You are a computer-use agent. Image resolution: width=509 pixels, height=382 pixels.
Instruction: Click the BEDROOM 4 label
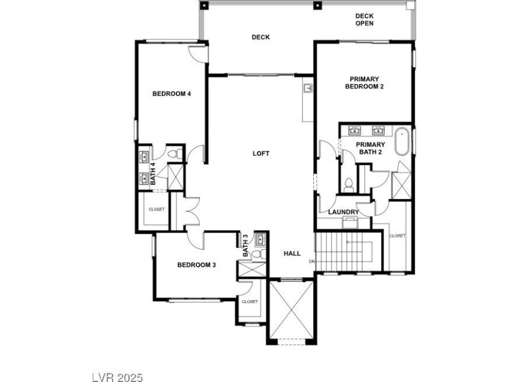(x=171, y=94)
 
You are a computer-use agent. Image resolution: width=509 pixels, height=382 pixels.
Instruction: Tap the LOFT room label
(x=261, y=153)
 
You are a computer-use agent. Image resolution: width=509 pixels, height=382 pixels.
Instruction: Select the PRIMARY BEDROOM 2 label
(x=364, y=83)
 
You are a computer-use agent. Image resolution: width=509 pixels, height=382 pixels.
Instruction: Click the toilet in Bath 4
(x=176, y=153)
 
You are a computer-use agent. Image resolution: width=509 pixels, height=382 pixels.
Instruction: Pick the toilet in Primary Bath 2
(x=348, y=184)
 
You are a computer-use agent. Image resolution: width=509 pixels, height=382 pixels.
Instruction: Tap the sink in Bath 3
(x=261, y=239)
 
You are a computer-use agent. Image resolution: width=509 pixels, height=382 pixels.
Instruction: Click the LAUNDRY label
(x=344, y=212)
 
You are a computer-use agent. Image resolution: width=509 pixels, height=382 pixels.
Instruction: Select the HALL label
(x=292, y=253)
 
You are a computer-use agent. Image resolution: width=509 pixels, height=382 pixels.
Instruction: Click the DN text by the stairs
(x=311, y=261)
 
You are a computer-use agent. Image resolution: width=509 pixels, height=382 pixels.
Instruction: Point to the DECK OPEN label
(x=364, y=19)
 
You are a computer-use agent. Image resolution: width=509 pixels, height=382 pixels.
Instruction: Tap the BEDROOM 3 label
(x=196, y=265)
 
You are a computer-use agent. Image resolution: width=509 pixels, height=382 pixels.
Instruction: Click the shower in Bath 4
(x=175, y=177)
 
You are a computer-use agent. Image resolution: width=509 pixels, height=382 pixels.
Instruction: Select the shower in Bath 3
(x=252, y=269)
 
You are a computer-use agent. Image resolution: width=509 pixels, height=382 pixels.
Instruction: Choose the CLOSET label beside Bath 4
(x=156, y=210)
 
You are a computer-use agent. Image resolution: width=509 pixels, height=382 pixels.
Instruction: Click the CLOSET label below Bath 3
(x=250, y=302)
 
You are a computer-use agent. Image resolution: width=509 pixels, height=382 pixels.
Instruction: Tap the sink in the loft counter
(x=308, y=88)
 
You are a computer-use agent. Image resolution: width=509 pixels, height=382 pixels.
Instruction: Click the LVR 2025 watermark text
(x=118, y=377)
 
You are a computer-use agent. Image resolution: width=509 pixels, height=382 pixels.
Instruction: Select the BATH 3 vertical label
(x=245, y=246)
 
